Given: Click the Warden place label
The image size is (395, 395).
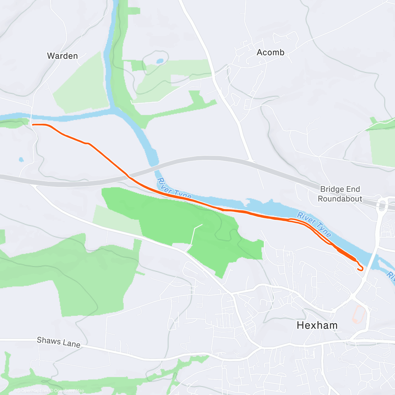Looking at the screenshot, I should (62, 56).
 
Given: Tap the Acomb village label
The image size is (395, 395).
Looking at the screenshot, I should (270, 52).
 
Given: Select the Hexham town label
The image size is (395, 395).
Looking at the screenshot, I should (317, 325).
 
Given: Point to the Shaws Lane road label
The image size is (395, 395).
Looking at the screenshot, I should (59, 342).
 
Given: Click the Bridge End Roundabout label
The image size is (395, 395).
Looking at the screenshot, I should (340, 194).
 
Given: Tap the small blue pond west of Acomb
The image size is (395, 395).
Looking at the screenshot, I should (160, 61).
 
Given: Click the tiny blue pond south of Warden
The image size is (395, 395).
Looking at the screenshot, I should (21, 160).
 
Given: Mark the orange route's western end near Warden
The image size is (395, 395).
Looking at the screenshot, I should (33, 124).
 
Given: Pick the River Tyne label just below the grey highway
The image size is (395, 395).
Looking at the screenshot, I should (174, 189).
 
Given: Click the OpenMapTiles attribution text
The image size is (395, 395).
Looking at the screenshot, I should (32, 391).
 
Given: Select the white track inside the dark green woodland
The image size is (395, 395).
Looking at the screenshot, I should (194, 234).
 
